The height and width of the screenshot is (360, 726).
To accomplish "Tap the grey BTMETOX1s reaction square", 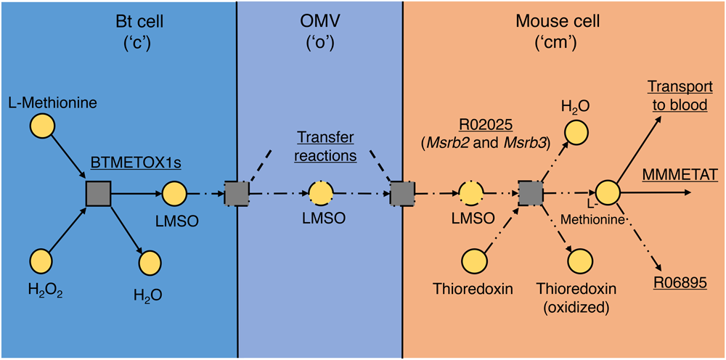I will coord(98,194).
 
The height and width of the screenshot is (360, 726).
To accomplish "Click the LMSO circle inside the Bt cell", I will coord(174,194).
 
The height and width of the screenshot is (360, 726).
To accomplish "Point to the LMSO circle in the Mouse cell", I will coord(471,194).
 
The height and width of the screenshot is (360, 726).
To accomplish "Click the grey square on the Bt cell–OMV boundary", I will coord(237,194).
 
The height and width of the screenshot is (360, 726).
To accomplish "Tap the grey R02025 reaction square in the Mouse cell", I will coord(531,194).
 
